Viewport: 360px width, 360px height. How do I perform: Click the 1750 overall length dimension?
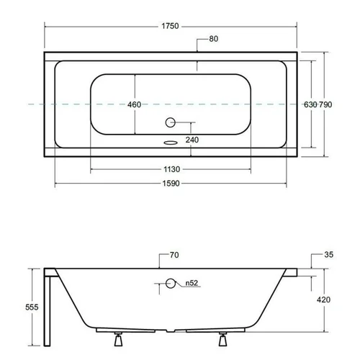(x=170, y=26)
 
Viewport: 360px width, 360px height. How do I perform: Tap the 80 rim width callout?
(x=214, y=39)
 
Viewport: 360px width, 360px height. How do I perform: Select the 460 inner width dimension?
(x=134, y=104)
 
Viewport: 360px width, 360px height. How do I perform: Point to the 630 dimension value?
(x=310, y=104)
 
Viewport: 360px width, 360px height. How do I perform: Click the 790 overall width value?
(x=325, y=104)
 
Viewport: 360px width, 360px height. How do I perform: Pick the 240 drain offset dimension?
(x=192, y=140)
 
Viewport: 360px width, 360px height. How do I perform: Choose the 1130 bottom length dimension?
(x=172, y=169)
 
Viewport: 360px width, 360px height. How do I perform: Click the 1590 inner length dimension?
(x=171, y=184)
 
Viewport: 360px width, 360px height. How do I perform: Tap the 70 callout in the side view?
(x=174, y=255)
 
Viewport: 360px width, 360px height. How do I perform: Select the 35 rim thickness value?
(x=329, y=255)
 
